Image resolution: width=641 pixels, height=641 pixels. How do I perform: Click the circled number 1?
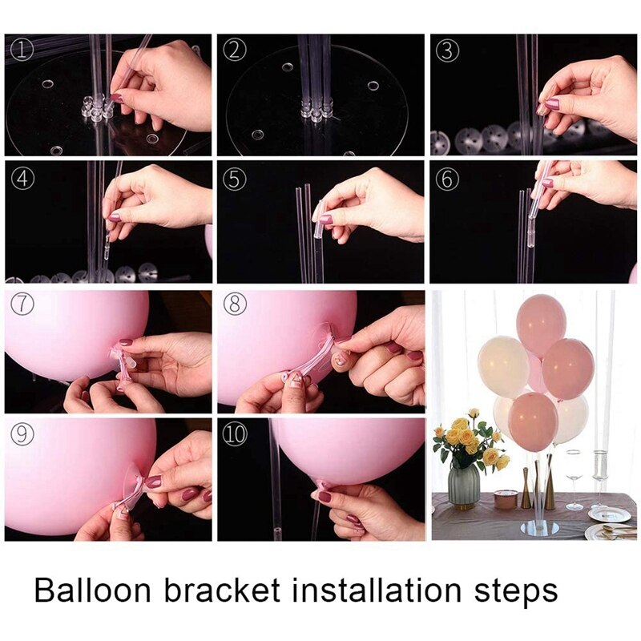pos(22,50)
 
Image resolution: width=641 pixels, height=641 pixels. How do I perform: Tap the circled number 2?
pos(235,50)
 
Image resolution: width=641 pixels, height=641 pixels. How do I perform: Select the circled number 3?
pos(447,50)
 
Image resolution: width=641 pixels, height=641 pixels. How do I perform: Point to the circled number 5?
pos(235,179)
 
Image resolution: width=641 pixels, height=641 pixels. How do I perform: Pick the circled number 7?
pos(22,306)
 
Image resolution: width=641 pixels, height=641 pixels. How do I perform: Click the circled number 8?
pos(235,306)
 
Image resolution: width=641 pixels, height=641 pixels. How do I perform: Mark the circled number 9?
pos(22,433)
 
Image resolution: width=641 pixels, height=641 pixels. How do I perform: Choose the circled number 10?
pos(235,433)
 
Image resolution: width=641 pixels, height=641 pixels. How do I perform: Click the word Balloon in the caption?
pos(93,591)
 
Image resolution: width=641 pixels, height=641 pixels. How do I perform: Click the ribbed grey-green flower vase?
pos(464,485)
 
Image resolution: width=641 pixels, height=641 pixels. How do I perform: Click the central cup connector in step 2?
pos(316,108)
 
